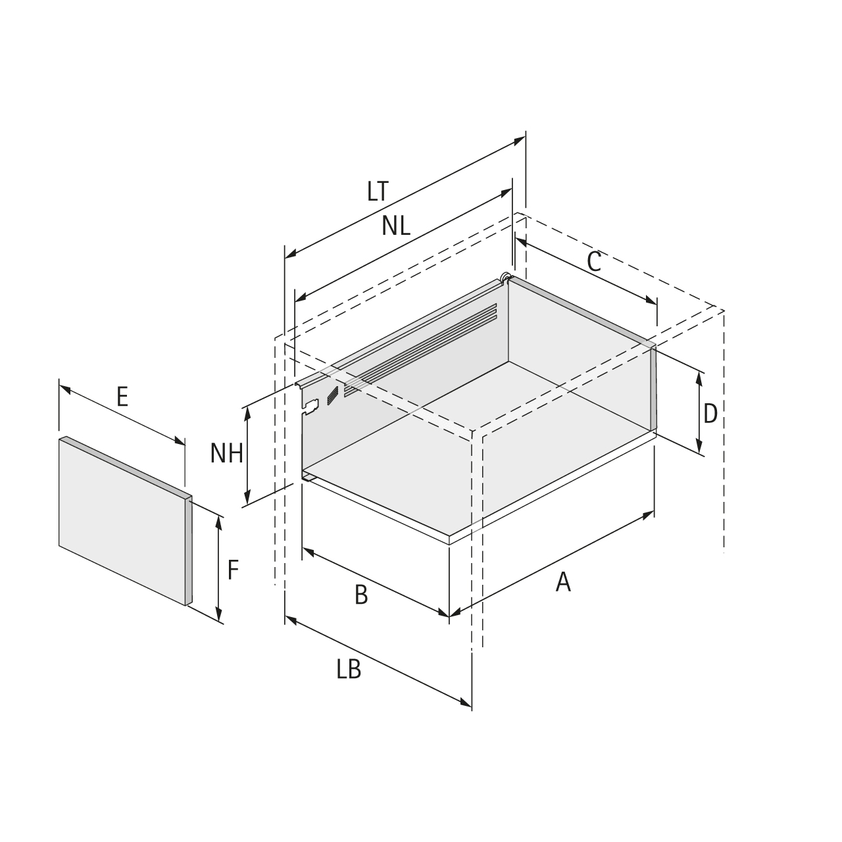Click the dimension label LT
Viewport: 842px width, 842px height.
click(378, 191)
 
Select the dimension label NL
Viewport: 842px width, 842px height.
click(396, 226)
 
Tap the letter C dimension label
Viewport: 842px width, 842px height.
click(594, 262)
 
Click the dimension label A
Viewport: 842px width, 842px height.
click(563, 582)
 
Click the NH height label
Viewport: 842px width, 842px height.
click(226, 453)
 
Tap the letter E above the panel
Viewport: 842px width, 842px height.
click(122, 397)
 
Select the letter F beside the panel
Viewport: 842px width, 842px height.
click(233, 570)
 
